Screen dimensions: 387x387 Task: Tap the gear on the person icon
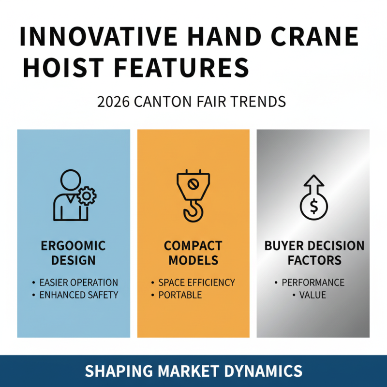coord(87,196)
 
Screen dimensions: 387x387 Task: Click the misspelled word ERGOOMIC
coord(73,246)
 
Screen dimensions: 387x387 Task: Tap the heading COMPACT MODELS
coord(193,253)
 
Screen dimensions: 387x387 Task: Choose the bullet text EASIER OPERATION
coord(78,282)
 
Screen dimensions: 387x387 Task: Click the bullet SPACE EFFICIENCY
coord(196,282)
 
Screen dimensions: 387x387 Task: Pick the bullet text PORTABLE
coord(179,295)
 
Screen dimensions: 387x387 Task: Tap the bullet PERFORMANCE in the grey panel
coord(313,282)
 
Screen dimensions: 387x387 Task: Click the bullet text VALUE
coord(313,295)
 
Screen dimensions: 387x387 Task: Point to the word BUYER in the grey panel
coord(286,246)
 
